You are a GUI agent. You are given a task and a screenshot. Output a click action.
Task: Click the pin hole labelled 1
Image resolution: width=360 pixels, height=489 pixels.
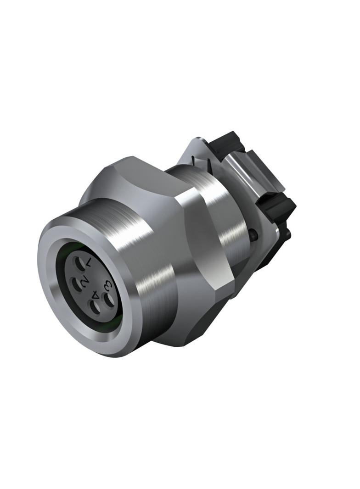[x=78, y=266]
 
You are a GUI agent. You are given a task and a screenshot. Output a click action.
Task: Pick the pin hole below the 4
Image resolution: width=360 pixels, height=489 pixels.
[x=95, y=307]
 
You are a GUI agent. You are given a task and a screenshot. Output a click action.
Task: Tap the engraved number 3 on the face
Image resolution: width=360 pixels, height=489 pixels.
[x=108, y=285]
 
